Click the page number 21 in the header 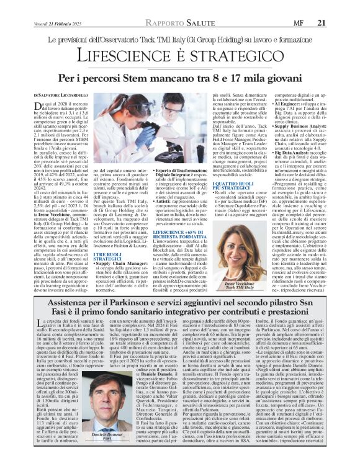tap(338, 6)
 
